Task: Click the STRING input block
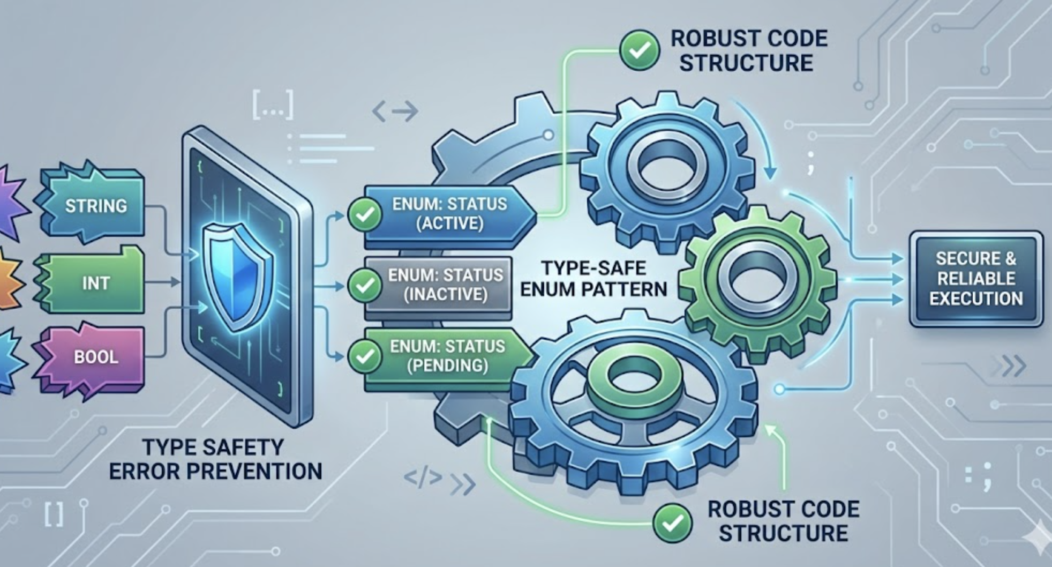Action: (x=95, y=206)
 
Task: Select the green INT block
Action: (x=95, y=283)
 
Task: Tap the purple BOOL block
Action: (x=95, y=357)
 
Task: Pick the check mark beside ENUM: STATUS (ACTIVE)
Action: (x=365, y=214)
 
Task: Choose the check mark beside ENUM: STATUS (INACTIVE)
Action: (x=365, y=285)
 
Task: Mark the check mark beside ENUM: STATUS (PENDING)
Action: (x=365, y=356)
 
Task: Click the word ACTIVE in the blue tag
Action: (x=449, y=223)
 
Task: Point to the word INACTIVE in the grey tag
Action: (x=445, y=294)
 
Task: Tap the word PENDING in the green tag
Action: (x=447, y=365)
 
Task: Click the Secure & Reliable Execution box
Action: (x=976, y=279)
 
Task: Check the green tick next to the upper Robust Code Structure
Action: (x=639, y=50)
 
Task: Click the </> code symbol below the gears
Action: (x=423, y=478)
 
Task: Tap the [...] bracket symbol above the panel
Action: (x=273, y=106)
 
